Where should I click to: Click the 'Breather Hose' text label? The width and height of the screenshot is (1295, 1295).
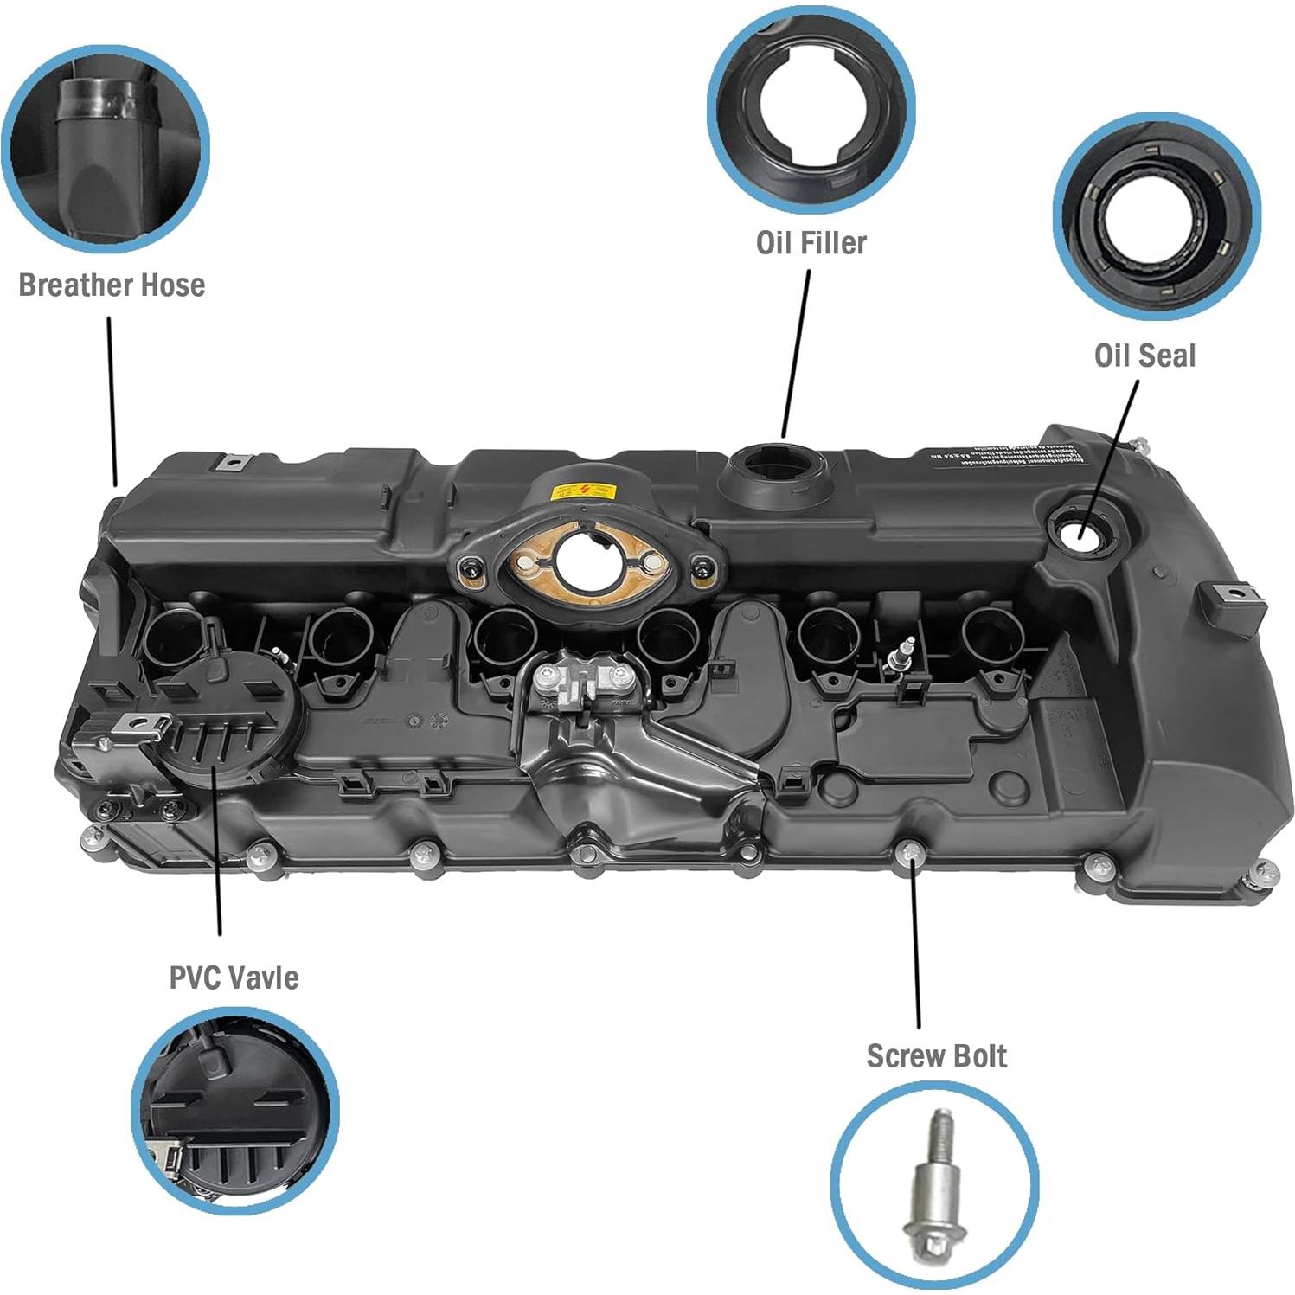[112, 285]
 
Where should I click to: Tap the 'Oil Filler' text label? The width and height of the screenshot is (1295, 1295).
[811, 243]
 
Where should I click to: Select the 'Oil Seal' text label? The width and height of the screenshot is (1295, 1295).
[1144, 356]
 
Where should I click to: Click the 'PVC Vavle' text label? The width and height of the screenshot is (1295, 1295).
[234, 978]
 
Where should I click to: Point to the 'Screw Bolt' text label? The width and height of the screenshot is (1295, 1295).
[936, 1056]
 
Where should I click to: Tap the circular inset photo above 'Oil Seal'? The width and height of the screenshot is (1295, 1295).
[1156, 216]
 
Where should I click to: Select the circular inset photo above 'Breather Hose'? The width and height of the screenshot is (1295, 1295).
[106, 149]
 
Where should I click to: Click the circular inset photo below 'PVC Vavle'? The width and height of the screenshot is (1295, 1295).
[234, 1110]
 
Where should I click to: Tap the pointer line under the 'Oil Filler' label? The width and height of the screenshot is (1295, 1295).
[797, 353]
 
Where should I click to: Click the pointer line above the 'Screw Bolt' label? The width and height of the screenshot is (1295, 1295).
[914, 943]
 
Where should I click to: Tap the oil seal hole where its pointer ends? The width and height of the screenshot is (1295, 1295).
[1080, 529]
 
